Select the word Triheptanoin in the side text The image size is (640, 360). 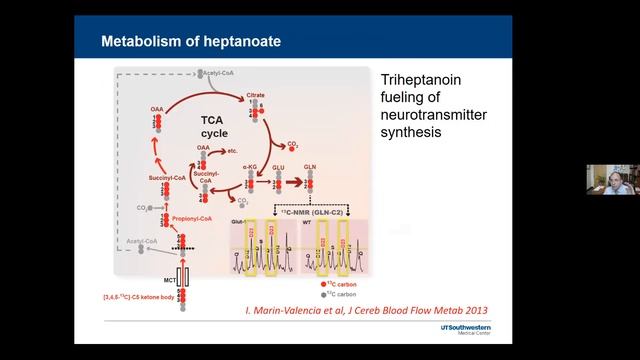(x=419, y=83)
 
